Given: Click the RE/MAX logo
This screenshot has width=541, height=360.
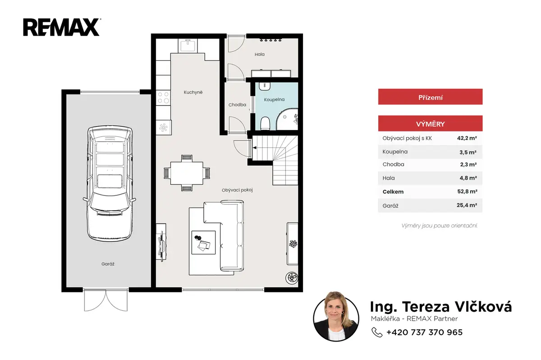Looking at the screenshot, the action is (x=62, y=28).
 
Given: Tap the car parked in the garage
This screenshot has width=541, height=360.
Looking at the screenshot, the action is (x=110, y=183).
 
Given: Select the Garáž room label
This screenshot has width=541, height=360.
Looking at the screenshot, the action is (x=108, y=264).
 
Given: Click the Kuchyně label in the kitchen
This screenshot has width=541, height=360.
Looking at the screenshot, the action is (x=193, y=92).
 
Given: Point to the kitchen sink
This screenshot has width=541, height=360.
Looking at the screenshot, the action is (x=188, y=46).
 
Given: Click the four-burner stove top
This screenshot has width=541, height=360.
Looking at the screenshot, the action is (x=163, y=97).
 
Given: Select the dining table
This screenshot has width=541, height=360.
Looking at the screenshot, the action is (x=187, y=173).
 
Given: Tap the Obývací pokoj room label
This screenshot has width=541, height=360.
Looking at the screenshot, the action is (x=237, y=190).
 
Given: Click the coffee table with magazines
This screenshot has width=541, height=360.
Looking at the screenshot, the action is (x=203, y=242).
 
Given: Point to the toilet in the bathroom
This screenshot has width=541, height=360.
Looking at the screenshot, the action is (x=265, y=124).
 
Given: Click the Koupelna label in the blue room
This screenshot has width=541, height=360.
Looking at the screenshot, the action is (x=274, y=100).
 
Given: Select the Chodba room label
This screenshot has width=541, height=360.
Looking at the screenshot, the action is (x=237, y=105).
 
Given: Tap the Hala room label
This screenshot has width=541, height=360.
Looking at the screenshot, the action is (x=259, y=55).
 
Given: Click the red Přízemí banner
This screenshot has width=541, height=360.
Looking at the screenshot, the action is (x=430, y=97).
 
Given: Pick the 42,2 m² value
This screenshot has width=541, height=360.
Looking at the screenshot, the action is (x=467, y=138).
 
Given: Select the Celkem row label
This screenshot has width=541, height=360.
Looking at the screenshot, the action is (x=393, y=192).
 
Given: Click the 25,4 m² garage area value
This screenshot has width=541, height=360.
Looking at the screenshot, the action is (x=467, y=205).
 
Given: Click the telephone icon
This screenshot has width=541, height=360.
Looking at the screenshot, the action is (x=377, y=332).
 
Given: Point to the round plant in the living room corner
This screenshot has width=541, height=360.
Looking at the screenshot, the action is (x=292, y=278).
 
